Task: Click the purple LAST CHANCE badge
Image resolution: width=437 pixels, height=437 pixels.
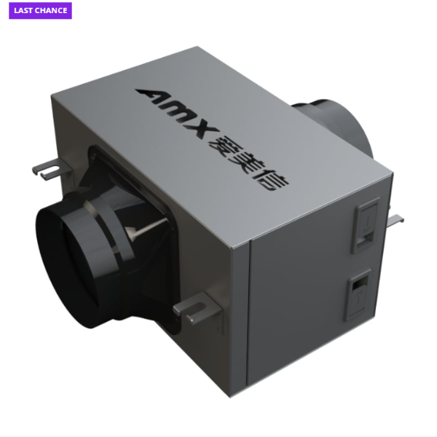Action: [x=40, y=11]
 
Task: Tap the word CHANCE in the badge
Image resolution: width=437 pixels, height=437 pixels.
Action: [x=50, y=11]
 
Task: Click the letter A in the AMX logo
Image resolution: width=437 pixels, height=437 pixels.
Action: [x=152, y=98]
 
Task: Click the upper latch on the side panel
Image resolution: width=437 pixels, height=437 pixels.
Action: [x=366, y=225]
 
